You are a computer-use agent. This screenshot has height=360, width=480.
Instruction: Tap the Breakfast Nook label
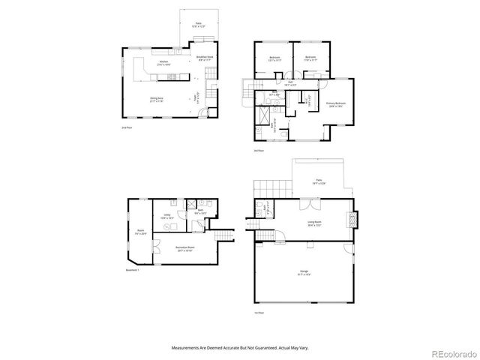[205, 58]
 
